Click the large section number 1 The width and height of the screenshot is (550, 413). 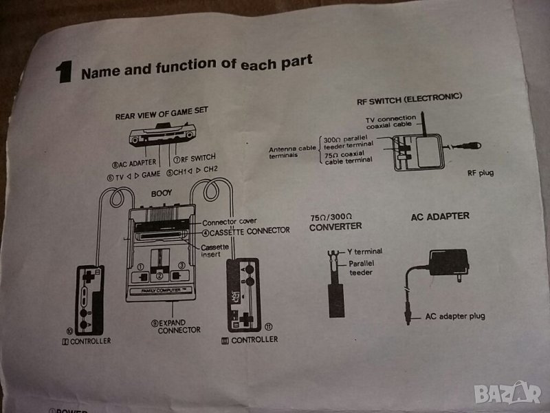click(x=65, y=71)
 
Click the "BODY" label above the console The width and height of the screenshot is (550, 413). click(x=161, y=194)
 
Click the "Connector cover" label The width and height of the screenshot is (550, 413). click(x=229, y=222)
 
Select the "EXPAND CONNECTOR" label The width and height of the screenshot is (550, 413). click(x=179, y=326)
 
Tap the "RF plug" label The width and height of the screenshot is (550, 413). click(x=478, y=173)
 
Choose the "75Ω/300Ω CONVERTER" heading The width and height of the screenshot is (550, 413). click(x=336, y=222)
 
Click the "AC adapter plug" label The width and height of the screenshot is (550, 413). click(x=455, y=316)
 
